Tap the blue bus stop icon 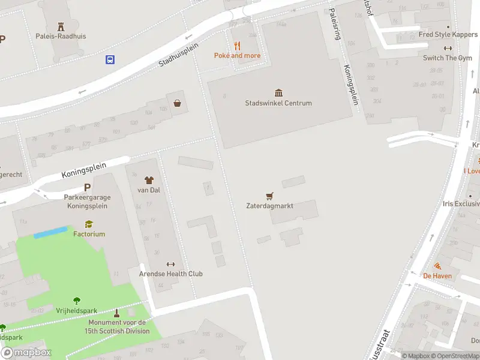point(110,59)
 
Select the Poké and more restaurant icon point(237,46)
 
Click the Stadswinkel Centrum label point(278,103)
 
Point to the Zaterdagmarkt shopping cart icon point(269,196)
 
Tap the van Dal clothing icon point(148,180)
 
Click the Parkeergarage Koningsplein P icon point(87,187)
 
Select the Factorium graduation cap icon point(89,224)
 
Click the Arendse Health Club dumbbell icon point(170,264)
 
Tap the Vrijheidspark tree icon point(77,301)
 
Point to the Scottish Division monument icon point(116,313)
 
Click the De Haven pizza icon point(437,266)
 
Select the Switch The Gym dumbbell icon point(448,48)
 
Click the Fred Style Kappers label point(448,34)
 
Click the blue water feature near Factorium point(50,232)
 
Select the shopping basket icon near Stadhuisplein point(178,103)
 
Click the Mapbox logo point(26,353)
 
